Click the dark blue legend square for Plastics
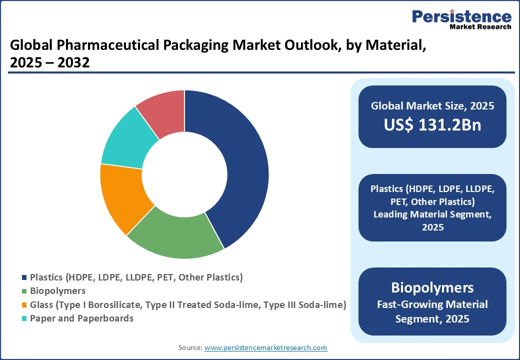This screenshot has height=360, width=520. (24, 277)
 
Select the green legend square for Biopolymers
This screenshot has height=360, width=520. (24, 291)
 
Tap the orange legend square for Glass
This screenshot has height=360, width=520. (24, 304)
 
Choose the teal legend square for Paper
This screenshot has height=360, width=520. (24, 318)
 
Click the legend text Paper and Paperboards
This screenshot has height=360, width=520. (81, 318)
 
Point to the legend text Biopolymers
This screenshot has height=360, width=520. (57, 290)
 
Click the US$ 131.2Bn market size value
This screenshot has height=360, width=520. (432, 125)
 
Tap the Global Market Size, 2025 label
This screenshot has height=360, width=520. (432, 106)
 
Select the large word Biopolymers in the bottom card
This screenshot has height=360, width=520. (432, 287)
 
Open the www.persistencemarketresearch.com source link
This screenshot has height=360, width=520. (266, 347)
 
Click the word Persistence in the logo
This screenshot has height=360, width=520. (461, 16)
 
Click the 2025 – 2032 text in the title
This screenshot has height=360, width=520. (50, 63)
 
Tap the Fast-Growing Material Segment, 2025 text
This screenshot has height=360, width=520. (432, 311)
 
